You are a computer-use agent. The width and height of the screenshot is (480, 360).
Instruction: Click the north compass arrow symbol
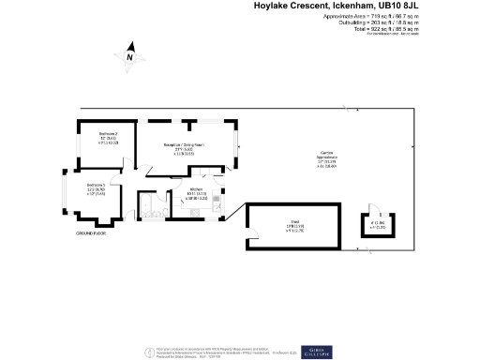point(131,56)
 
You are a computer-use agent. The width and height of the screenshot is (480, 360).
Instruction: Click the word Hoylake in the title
point(277,6)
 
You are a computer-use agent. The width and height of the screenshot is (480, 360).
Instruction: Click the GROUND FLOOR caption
point(90,233)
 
